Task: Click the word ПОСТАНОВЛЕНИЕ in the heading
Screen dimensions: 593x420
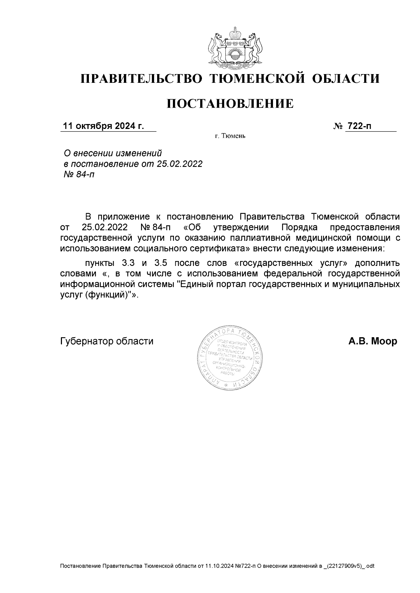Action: pos(230,104)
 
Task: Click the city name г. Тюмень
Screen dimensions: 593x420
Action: pos(230,136)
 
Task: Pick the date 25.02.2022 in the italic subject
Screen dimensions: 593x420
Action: pos(180,164)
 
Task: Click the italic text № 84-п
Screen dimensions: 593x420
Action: pos(79,174)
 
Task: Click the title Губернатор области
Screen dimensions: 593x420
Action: pos(107,341)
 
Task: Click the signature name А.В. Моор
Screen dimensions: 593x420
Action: pos(372,341)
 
